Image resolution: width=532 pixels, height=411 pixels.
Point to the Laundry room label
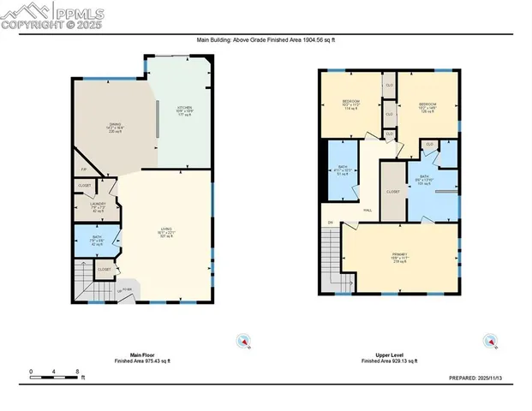pos(99,205)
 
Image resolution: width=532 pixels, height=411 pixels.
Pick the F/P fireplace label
pos(84,170)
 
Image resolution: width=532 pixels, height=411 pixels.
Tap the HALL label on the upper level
pos(367,209)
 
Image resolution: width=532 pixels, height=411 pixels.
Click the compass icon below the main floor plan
pos(243,342)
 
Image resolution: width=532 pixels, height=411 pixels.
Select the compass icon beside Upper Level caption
pos(490,342)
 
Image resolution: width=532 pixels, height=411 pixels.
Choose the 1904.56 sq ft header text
pos(266,39)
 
